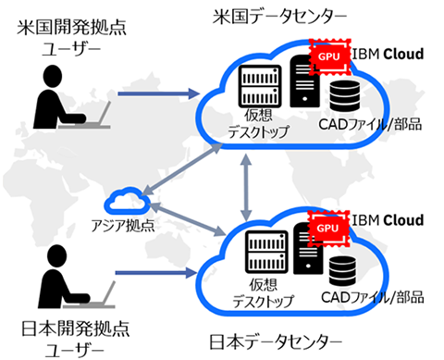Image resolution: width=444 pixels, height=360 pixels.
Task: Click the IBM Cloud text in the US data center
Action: point(388,55)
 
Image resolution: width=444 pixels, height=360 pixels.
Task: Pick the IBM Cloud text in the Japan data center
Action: point(388,220)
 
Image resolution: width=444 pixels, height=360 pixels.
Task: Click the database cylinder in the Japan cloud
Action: point(345,268)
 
